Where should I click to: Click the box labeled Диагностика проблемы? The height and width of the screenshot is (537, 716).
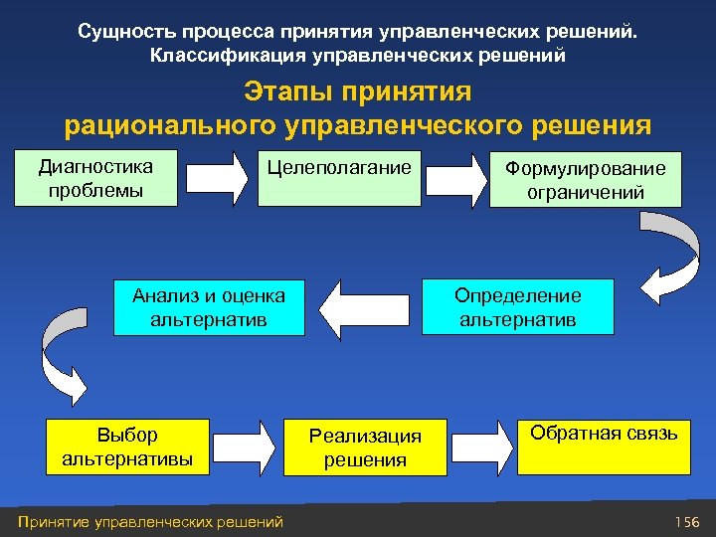95,177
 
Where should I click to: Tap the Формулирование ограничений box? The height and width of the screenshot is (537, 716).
586,179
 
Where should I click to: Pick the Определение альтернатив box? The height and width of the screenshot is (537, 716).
518,306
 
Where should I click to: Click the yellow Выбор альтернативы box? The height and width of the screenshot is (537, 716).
127,446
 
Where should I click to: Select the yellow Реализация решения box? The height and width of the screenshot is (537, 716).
365,447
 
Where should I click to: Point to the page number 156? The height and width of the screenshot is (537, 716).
687,522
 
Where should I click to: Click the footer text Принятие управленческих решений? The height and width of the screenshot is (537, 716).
150,522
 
